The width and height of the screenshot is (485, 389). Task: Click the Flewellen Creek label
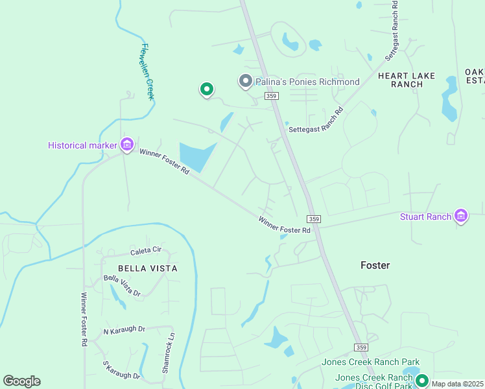147,71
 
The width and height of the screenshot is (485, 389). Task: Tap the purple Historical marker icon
126,144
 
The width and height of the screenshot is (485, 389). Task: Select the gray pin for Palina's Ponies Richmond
245,82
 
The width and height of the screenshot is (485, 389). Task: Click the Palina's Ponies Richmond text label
307,82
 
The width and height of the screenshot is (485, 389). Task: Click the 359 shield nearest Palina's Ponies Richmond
271,96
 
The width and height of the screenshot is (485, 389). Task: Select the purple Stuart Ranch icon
461,216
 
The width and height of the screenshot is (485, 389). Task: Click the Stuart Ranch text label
425,217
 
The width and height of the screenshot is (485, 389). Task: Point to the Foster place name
375,265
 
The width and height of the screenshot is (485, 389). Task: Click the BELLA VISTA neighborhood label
147,268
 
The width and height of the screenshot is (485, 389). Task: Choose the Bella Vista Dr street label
122,286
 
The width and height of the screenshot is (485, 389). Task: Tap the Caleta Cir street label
145,251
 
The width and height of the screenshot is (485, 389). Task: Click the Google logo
21,381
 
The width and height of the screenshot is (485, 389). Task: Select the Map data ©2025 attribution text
457,384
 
